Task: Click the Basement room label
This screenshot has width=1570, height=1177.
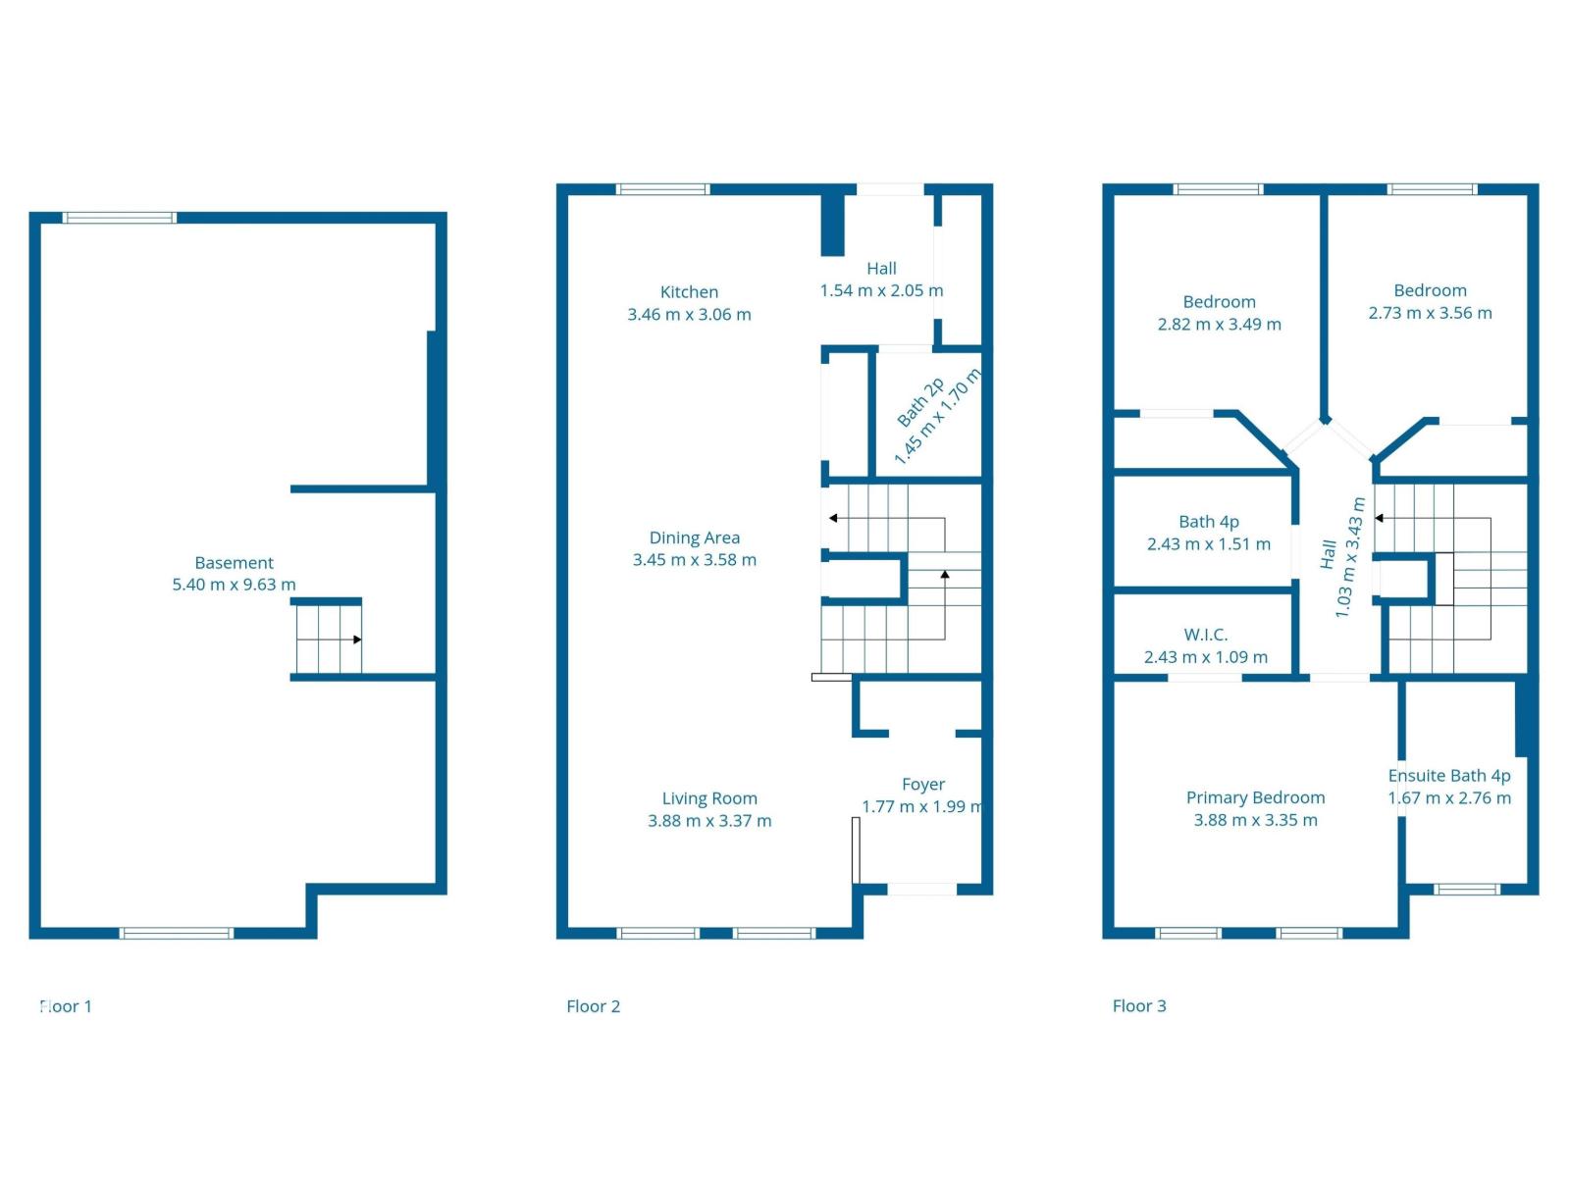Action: coord(234,563)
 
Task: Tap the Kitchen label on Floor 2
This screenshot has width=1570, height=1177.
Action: coord(689,292)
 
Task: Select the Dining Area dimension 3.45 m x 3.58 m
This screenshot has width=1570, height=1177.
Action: coord(694,560)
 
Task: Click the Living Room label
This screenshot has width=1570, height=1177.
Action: coord(708,798)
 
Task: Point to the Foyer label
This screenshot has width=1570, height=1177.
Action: coord(922,785)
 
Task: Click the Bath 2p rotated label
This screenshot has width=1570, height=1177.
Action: coord(920,402)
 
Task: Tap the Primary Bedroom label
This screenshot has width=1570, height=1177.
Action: coord(1255,797)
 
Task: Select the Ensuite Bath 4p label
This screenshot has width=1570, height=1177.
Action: coord(1448,776)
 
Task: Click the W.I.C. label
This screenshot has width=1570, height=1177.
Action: coord(1205,635)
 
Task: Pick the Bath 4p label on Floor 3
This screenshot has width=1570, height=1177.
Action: coord(1208,522)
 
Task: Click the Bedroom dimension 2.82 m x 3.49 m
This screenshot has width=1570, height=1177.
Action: coord(1219,325)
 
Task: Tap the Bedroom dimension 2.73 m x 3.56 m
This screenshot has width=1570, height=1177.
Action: coord(1430,313)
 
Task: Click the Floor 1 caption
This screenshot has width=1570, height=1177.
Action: coord(66,1006)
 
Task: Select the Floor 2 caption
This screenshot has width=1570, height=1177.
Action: coord(593,1006)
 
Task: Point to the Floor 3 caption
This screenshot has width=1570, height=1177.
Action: coord(1138,1005)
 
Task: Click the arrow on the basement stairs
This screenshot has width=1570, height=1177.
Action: coord(357,640)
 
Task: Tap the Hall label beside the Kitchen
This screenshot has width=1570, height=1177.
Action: coord(881,269)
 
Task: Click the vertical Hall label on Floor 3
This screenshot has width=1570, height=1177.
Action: coord(1328,554)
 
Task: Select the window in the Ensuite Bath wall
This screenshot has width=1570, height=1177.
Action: coord(1466,890)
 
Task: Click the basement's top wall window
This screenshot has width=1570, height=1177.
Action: coord(120,218)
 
